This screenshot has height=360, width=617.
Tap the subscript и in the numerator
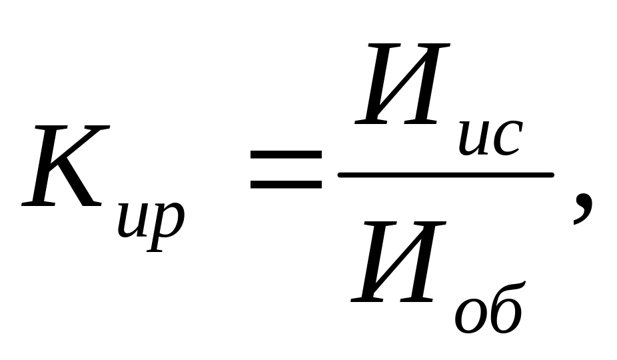475,140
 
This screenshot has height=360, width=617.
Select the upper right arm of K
93,143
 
